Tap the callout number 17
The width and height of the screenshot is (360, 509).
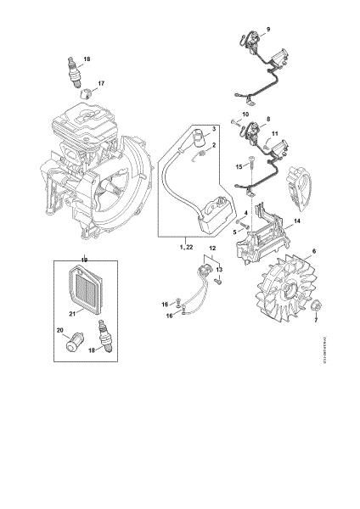[101, 83]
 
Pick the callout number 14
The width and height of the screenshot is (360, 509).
[296, 221]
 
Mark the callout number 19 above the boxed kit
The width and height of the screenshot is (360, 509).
[83, 258]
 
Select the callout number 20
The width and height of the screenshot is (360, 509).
[59, 330]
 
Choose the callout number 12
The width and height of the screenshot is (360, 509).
[212, 248]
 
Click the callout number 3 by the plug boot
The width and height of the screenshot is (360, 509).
[215, 128]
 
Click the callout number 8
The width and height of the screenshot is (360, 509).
[268, 120]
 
